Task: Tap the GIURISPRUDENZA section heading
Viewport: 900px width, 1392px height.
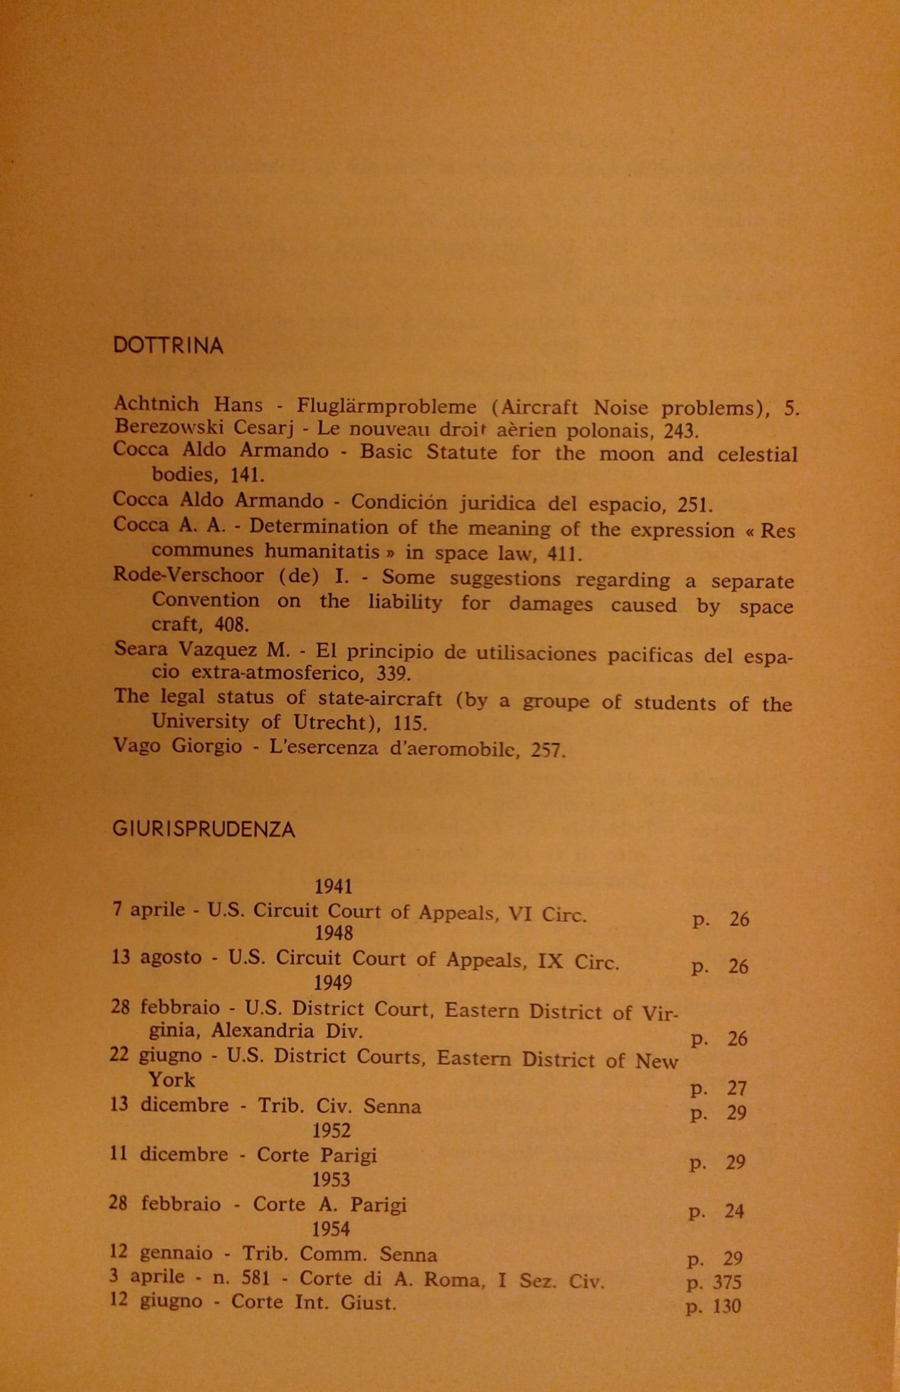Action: click(x=203, y=830)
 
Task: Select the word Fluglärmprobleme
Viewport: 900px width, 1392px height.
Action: click(x=386, y=406)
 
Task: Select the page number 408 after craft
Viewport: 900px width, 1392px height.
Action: click(x=232, y=625)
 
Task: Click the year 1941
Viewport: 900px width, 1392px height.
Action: click(x=334, y=886)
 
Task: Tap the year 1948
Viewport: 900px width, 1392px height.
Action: click(x=334, y=933)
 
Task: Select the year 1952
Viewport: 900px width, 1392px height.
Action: click(x=331, y=1130)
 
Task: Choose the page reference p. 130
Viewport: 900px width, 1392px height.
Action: click(x=713, y=1306)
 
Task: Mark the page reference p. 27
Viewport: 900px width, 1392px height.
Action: click(x=718, y=1088)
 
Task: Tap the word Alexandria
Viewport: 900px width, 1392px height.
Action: click(x=263, y=1030)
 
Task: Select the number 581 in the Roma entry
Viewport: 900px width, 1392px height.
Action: click(x=257, y=1278)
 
